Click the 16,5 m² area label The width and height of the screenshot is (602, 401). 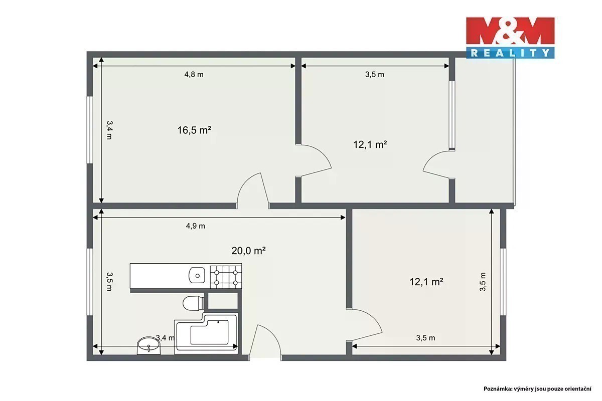pyautogui.click(x=194, y=130)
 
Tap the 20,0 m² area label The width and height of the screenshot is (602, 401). pyautogui.click(x=249, y=251)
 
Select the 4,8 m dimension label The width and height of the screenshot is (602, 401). pyautogui.click(x=194, y=74)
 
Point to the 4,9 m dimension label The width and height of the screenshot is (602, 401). pyautogui.click(x=195, y=226)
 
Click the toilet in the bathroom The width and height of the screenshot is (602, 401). pyautogui.click(x=194, y=303)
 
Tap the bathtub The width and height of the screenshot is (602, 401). pyautogui.click(x=206, y=333)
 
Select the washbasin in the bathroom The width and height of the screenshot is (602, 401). pyautogui.click(x=148, y=346)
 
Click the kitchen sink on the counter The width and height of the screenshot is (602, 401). pyautogui.click(x=197, y=275)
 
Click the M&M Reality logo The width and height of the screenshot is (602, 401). pyautogui.click(x=510, y=38)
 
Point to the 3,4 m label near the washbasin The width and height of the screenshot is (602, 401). pyautogui.click(x=165, y=338)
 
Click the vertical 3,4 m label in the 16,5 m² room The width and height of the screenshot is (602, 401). pyautogui.click(x=109, y=130)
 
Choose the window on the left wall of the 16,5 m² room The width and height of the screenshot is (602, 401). pyautogui.click(x=90, y=130)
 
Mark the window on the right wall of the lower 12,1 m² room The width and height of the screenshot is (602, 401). pyautogui.click(x=503, y=282)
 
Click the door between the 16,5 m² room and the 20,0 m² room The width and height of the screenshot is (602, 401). pyautogui.click(x=253, y=190)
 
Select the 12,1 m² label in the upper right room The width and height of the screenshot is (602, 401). pyautogui.click(x=370, y=145)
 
